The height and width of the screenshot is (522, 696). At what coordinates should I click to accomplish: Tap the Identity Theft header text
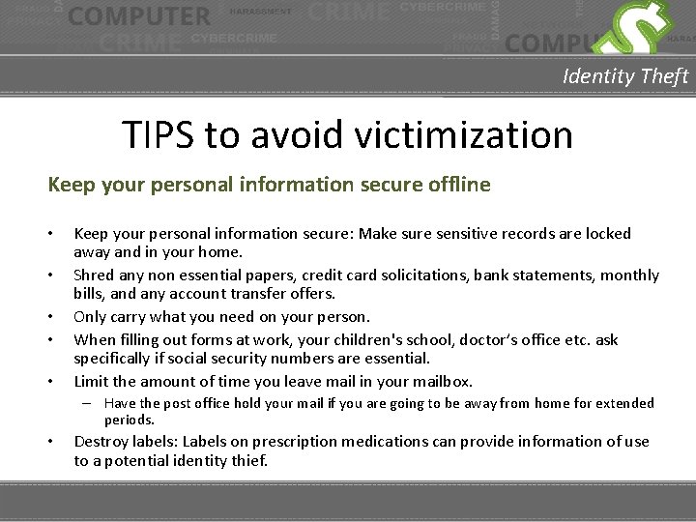(x=625, y=76)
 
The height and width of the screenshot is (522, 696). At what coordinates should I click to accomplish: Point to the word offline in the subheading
(x=456, y=184)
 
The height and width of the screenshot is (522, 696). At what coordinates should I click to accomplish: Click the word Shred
(x=95, y=275)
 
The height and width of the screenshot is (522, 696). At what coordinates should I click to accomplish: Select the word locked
(x=607, y=234)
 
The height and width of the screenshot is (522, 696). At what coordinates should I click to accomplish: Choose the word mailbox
(x=438, y=381)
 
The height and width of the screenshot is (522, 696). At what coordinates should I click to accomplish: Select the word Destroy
(x=101, y=442)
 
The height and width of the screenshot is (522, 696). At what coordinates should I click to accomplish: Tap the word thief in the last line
(x=249, y=461)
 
